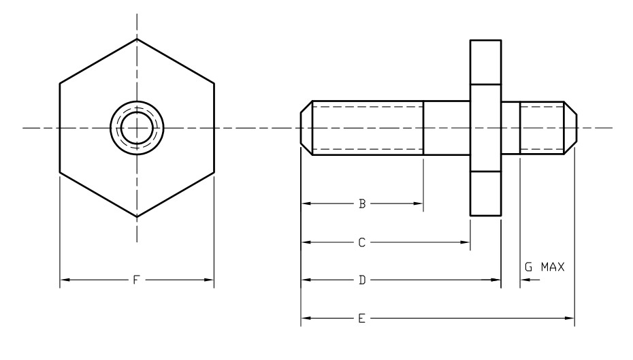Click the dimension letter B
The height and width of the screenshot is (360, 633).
pos(363,203)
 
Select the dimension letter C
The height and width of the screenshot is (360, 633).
pos(363,242)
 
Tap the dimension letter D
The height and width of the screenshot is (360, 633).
pos(363,280)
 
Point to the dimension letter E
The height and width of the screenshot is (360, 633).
pos(363,318)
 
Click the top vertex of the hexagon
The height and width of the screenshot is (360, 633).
pos(137,39)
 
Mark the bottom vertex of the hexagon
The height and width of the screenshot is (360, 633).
pos(137,217)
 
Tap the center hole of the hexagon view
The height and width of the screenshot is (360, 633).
pos(137,128)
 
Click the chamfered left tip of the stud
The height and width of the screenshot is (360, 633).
pos(306,128)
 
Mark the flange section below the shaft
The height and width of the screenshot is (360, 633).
pos(486,193)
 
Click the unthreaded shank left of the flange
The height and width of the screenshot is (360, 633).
pos(447,128)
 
